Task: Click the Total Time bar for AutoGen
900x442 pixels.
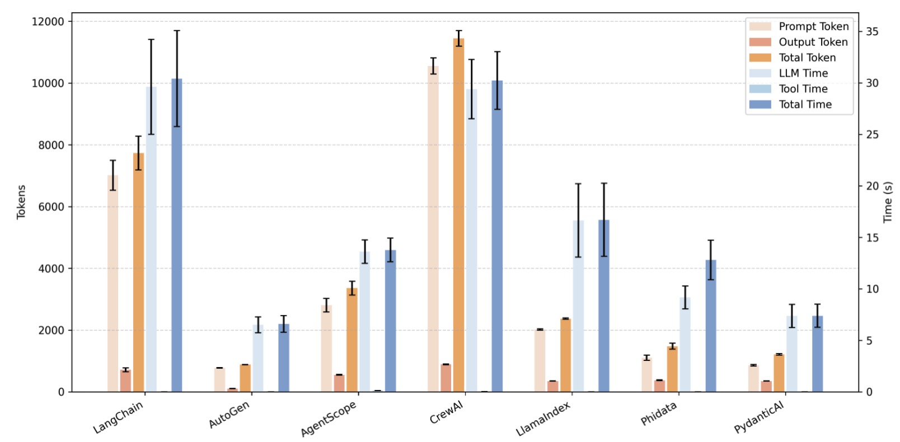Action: coord(284,358)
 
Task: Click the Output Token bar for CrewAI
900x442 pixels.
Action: coord(446,378)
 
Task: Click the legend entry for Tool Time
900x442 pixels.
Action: coord(803,89)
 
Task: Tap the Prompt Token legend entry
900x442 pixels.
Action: coord(813,26)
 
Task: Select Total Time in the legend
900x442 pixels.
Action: coord(805,105)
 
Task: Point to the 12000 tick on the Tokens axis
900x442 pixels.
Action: coord(49,21)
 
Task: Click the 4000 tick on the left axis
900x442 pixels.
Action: coord(51,269)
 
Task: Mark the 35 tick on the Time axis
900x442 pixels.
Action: coord(872,32)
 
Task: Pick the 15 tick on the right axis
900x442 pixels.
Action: coord(872,238)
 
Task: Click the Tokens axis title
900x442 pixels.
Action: coord(21,202)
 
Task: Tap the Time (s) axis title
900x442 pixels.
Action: coord(887,202)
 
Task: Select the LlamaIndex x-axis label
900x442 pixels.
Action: coord(543,419)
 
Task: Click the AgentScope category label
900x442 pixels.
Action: coord(329,419)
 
